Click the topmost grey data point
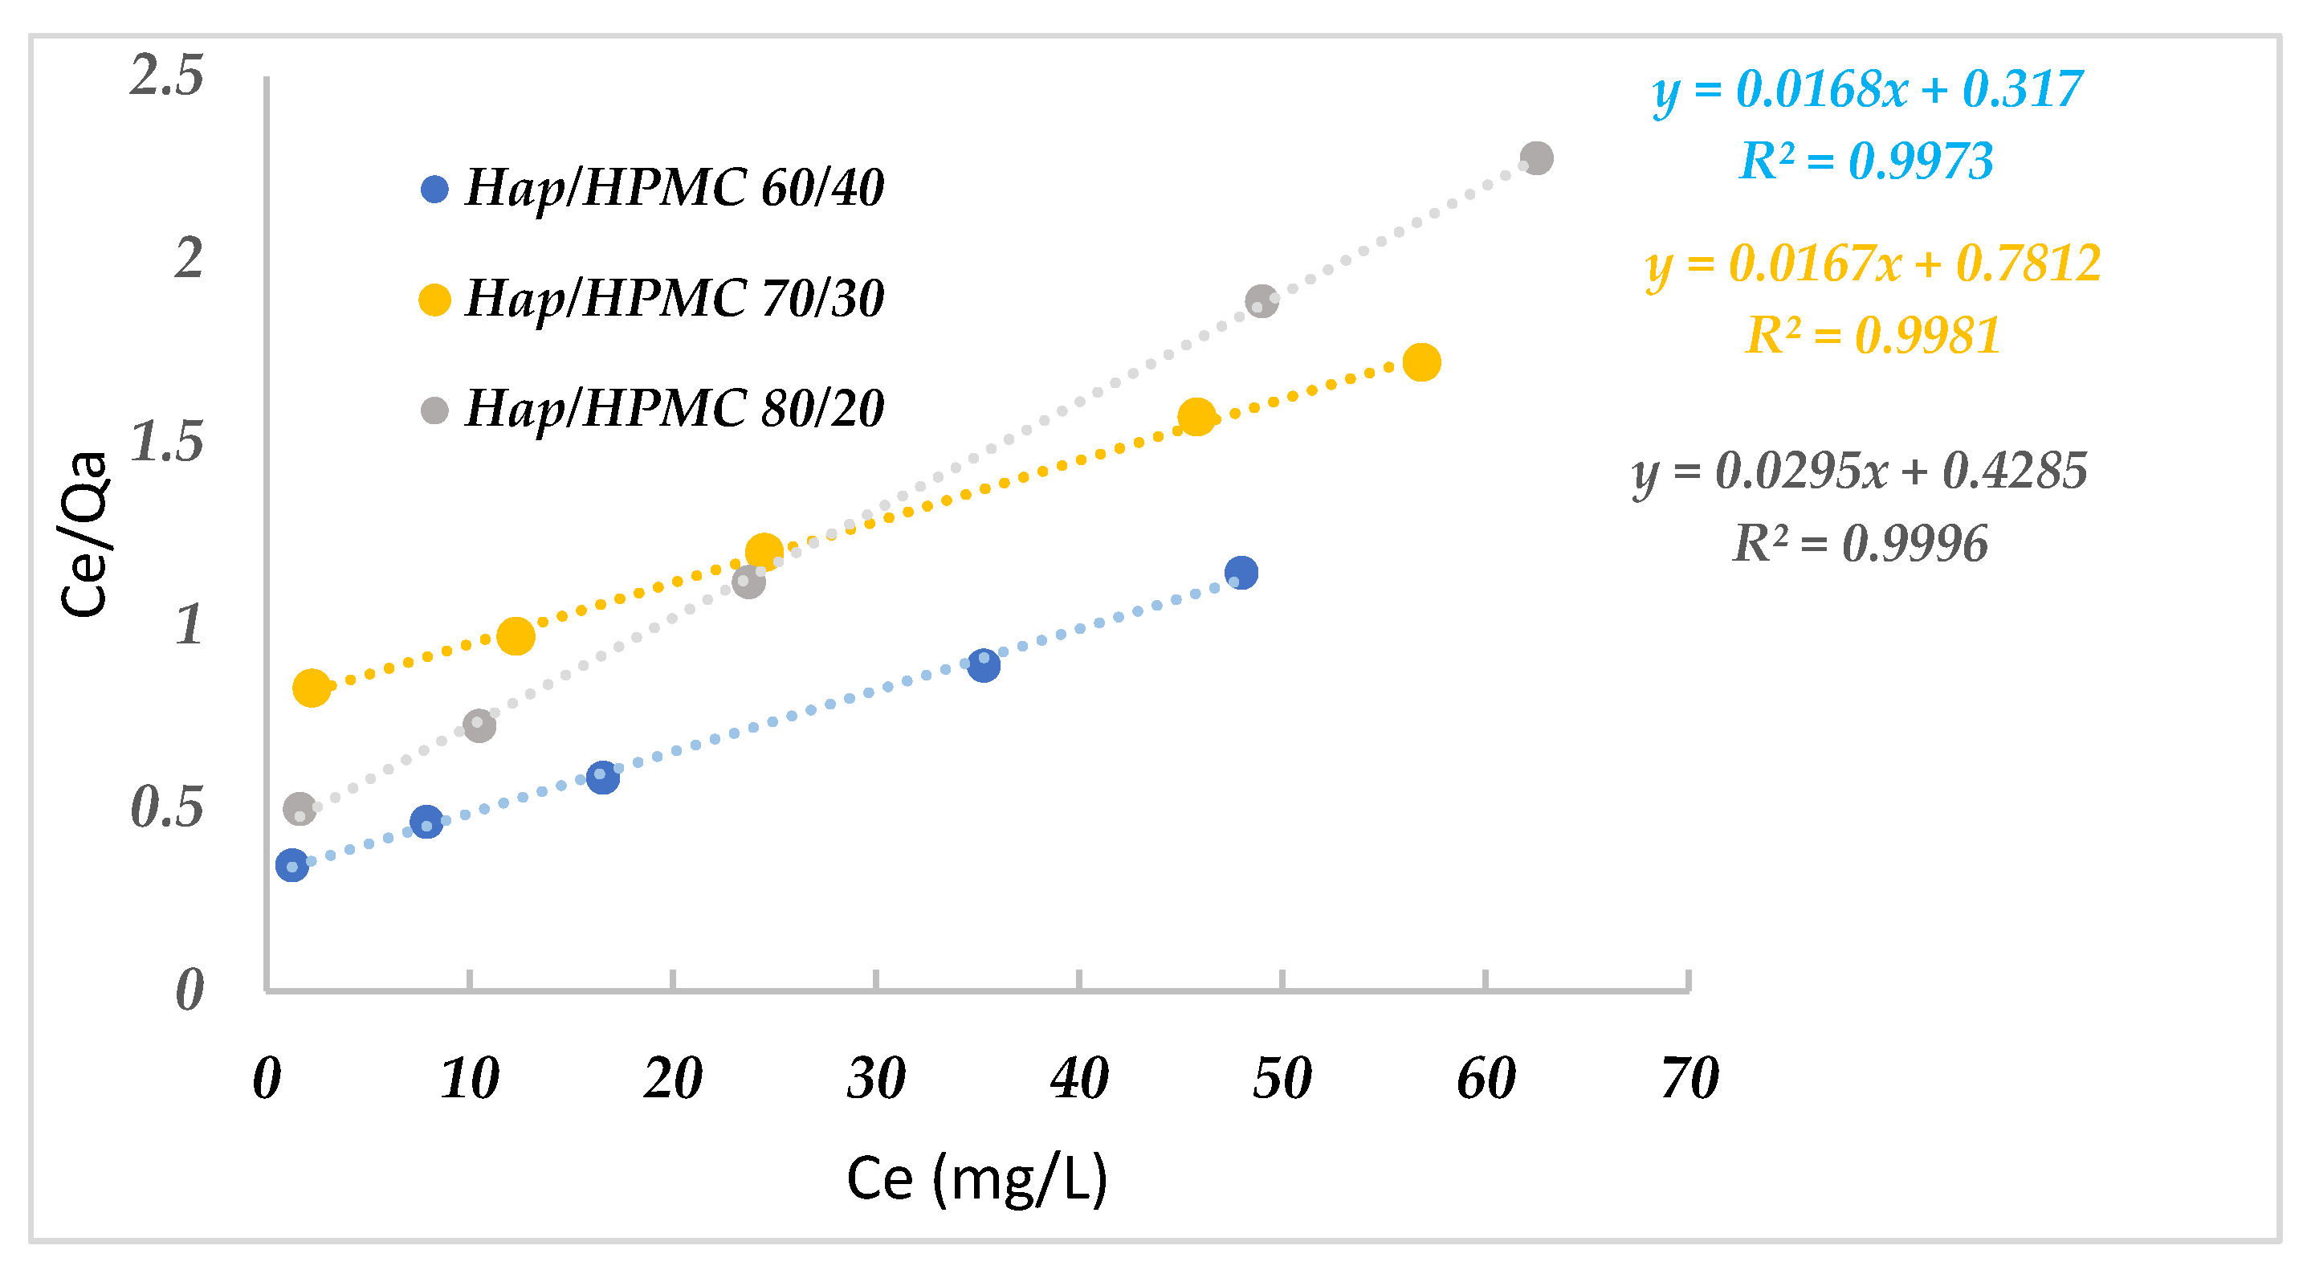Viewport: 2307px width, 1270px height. click(1536, 158)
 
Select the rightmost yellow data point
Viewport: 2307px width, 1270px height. click(1421, 363)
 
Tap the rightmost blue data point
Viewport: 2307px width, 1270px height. click(1241, 572)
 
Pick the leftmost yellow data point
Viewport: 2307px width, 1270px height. click(311, 688)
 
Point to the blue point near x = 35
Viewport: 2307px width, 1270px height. click(984, 665)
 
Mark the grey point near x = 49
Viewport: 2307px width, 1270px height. click(1261, 301)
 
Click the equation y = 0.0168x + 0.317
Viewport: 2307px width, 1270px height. click(1867, 89)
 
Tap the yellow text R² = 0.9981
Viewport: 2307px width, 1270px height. click(1873, 336)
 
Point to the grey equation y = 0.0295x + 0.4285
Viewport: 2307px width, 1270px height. click(1859, 471)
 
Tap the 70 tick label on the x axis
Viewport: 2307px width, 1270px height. click(1689, 1077)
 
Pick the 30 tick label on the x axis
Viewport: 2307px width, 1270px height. click(876, 1077)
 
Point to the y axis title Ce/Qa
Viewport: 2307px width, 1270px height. click(84, 535)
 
